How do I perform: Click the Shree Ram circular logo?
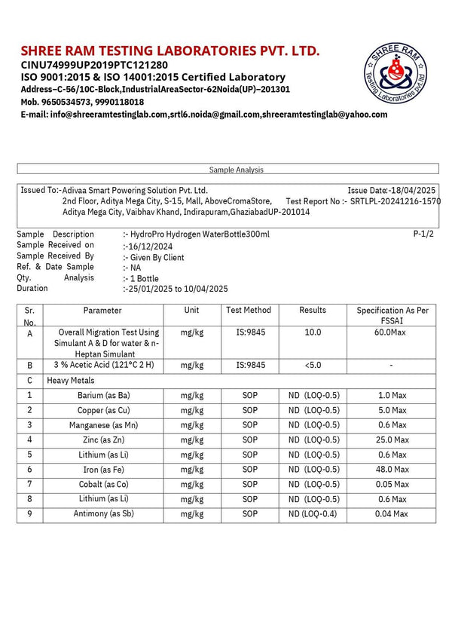tap(398, 75)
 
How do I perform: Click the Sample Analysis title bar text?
tap(236, 170)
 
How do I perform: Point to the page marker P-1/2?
tap(424, 234)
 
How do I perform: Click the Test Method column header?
tap(248, 311)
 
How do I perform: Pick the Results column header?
tap(313, 311)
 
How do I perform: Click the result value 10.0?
tap(313, 332)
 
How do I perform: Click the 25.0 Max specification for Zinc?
tap(392, 439)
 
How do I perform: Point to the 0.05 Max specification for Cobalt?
tap(392, 484)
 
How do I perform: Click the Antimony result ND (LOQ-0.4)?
tap(313, 513)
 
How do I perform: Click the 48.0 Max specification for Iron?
tap(392, 469)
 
